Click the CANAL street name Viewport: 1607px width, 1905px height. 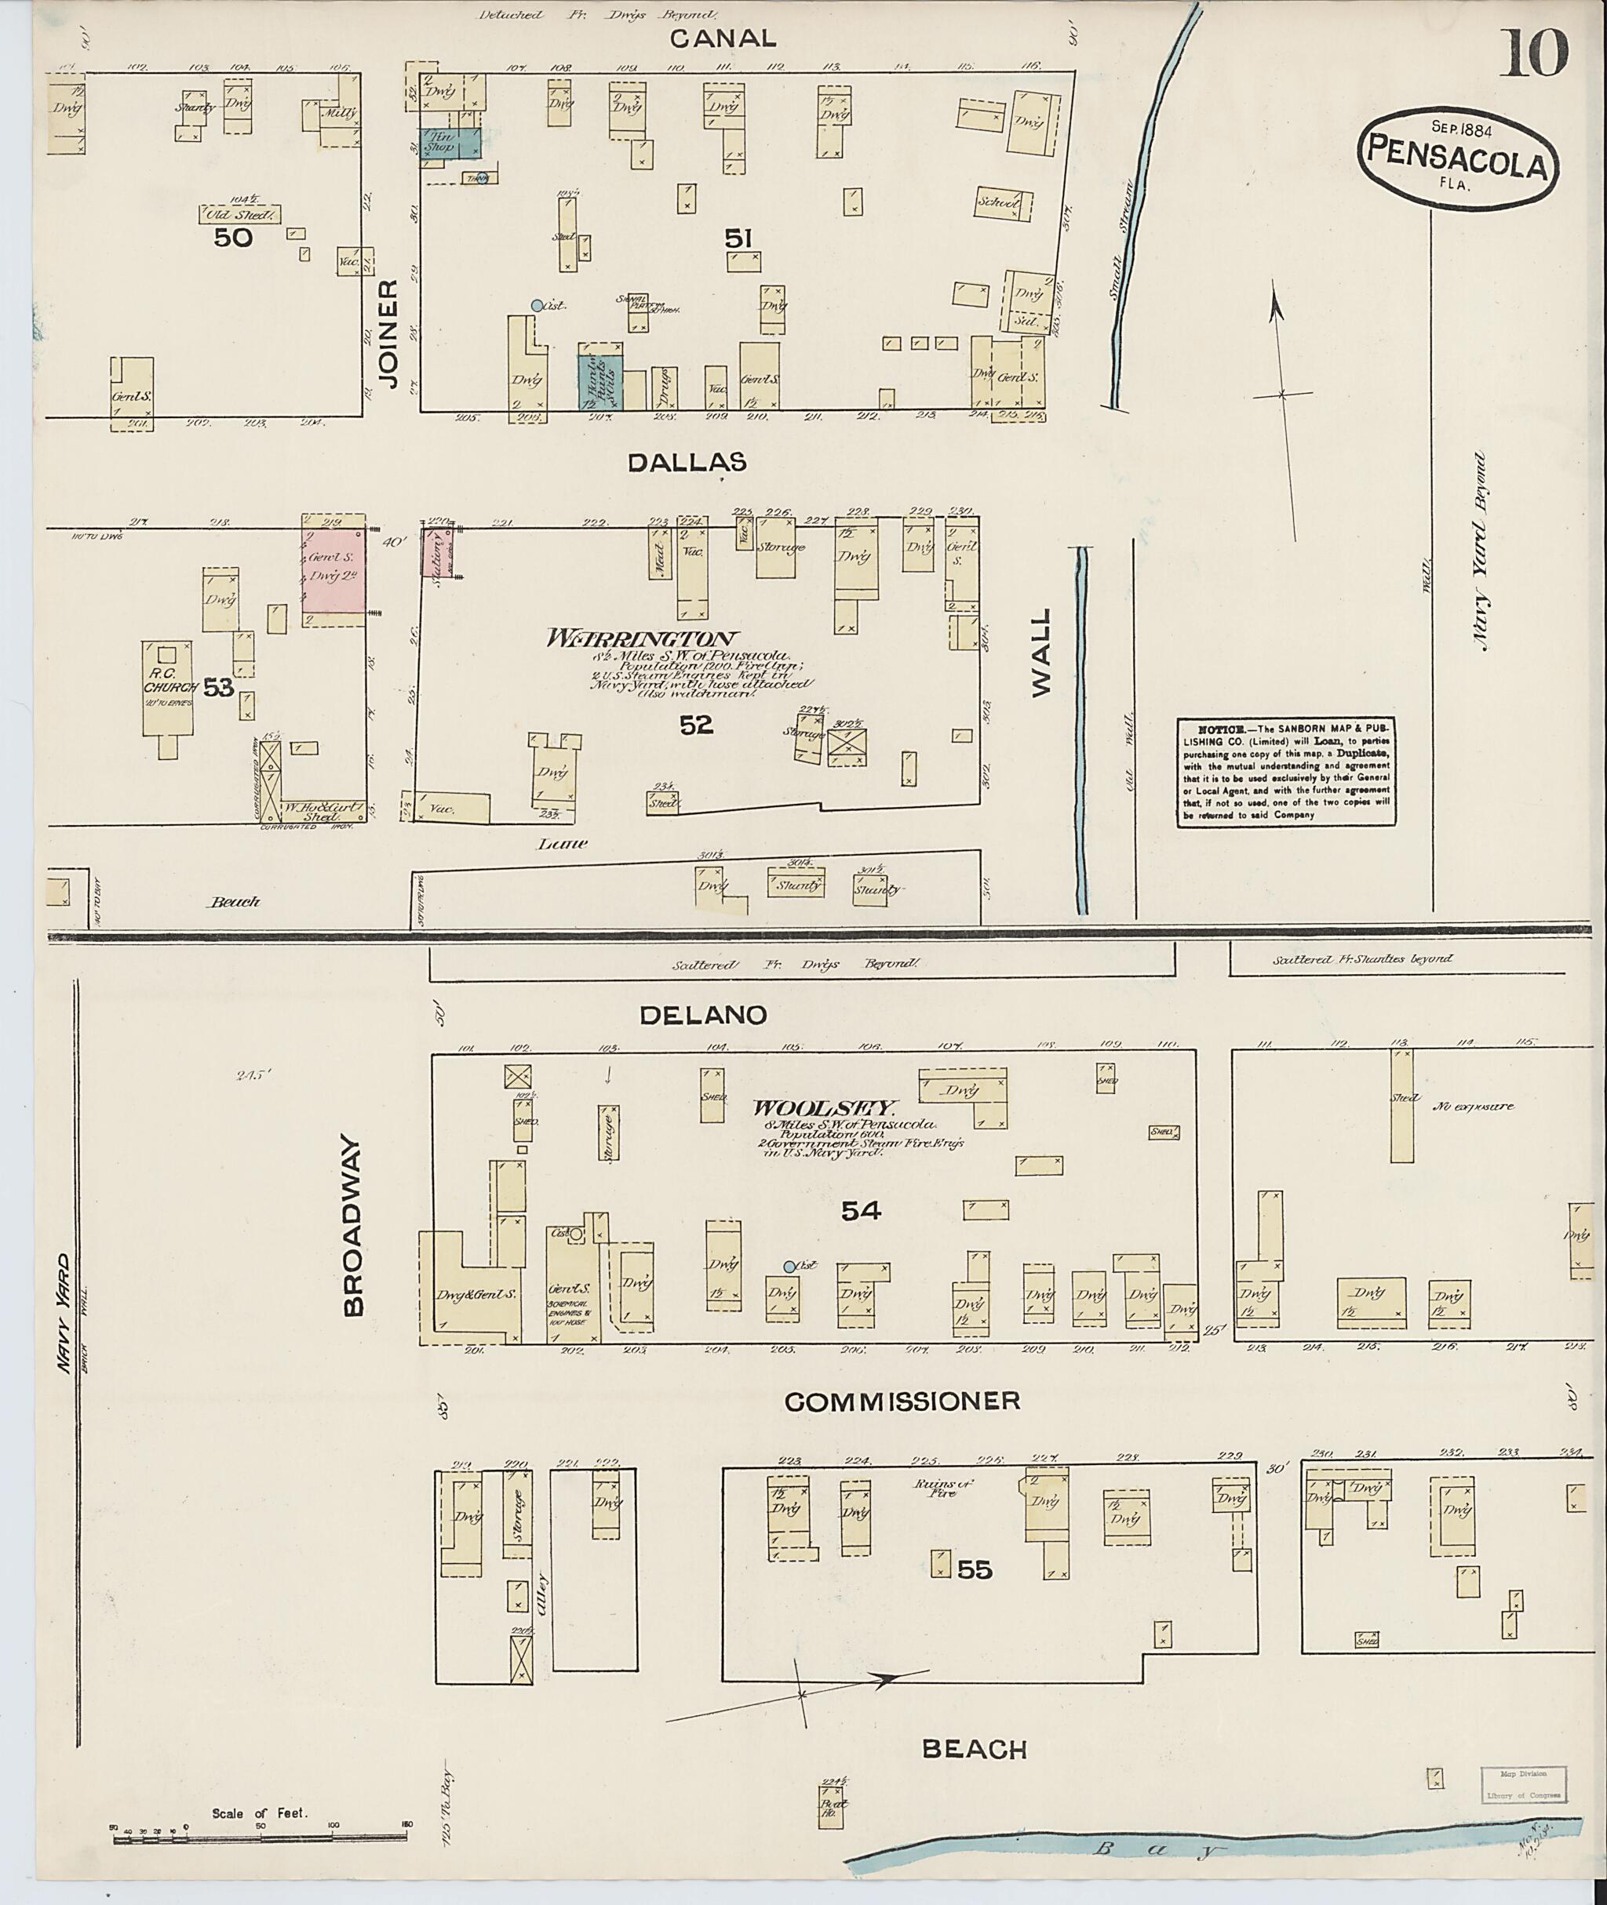pyautogui.click(x=723, y=38)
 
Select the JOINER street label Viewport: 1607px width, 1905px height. pyautogui.click(x=389, y=334)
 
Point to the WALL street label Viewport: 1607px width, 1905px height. pyautogui.click(x=1041, y=654)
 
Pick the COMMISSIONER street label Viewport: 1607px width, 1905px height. pyautogui.click(x=902, y=1401)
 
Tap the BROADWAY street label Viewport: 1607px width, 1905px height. pyautogui.click(x=353, y=1225)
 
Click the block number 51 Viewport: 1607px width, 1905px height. pyautogui.click(x=738, y=238)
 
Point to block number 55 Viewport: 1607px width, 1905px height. pyautogui.click(x=974, y=1570)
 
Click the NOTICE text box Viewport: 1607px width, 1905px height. pyautogui.click(x=1286, y=771)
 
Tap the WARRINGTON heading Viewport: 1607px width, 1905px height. pyautogui.click(x=643, y=640)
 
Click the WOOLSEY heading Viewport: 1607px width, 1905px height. pyautogui.click(x=825, y=1109)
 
